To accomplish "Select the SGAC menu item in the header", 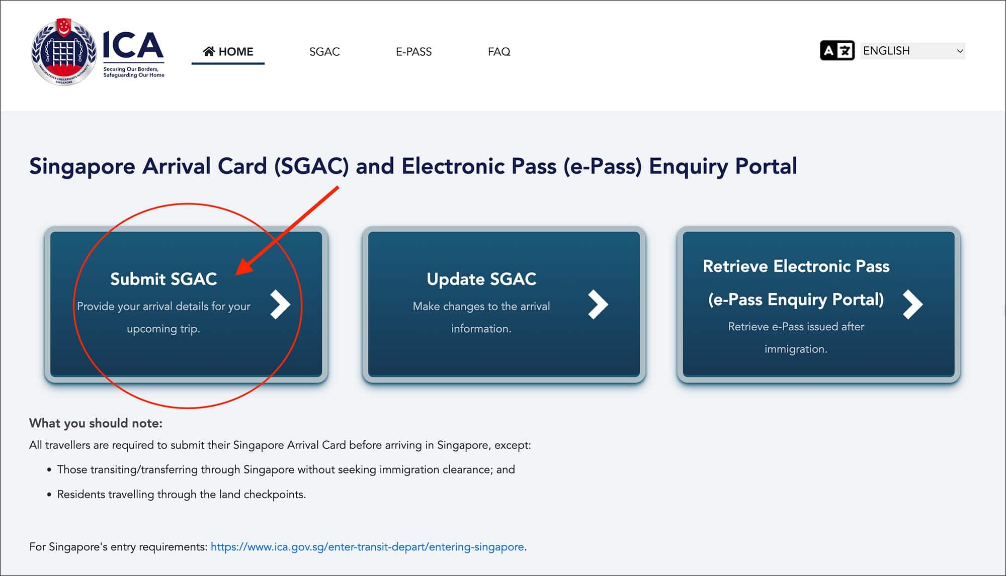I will pos(324,52).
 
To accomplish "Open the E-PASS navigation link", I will pos(413,52).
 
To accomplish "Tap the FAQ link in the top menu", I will pos(499,52).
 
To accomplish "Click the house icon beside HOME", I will pos(209,51).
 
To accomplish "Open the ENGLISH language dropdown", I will pos(912,51).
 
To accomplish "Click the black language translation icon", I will pos(837,51).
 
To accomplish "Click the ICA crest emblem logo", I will pos(63,52).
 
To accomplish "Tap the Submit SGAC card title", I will pos(163,279).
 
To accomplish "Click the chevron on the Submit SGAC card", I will pos(280,304).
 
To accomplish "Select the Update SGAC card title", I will pos(481,279).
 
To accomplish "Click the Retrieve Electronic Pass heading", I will pos(796,266).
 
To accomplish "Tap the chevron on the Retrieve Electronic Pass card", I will pos(912,304).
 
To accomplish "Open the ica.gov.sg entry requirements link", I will pos(367,547).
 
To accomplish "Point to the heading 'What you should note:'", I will pos(96,423).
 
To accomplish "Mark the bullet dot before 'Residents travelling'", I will pos(49,495).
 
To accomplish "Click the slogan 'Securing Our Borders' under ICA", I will pos(131,69).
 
